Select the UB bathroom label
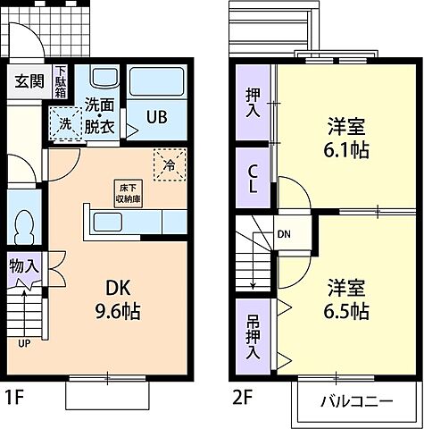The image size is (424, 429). (x=156, y=117)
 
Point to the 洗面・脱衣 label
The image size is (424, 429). (x=100, y=115)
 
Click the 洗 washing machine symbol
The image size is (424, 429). (x=64, y=125)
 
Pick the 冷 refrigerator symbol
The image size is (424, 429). (x=168, y=162)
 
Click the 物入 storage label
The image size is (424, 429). (x=25, y=265)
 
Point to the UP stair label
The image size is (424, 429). (x=23, y=341)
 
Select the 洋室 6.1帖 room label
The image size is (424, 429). (x=347, y=138)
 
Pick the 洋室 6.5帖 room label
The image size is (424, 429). (x=347, y=299)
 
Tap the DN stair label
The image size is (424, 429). (x=283, y=235)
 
